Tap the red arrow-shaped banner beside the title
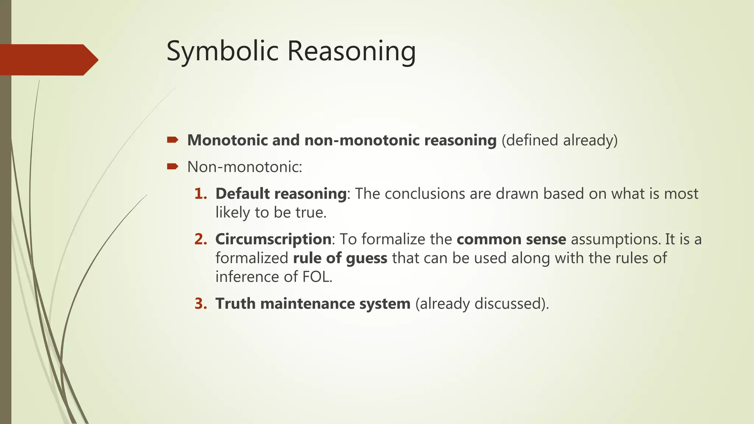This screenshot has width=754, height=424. click(x=48, y=60)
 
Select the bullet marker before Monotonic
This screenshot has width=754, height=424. click(x=172, y=140)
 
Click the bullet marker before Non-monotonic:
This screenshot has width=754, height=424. click(x=172, y=167)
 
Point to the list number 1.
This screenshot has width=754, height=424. click(x=201, y=194)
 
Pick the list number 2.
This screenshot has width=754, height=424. click(x=201, y=239)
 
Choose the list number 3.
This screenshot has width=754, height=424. click(x=201, y=304)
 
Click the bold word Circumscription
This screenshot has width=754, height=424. click(x=273, y=239)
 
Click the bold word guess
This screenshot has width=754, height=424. click(x=366, y=258)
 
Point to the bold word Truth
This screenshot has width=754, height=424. click(x=235, y=304)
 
